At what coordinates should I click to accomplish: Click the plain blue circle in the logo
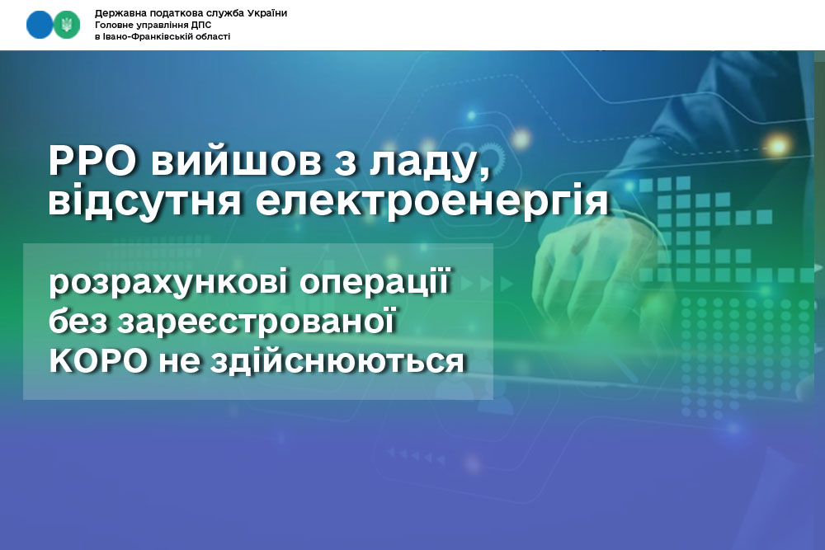coord(40,25)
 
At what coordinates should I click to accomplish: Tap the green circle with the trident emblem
coord(67,25)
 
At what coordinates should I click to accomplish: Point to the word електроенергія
coord(432,201)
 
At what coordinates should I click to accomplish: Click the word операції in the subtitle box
coord(375,283)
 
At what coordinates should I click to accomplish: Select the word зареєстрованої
coord(256,322)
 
